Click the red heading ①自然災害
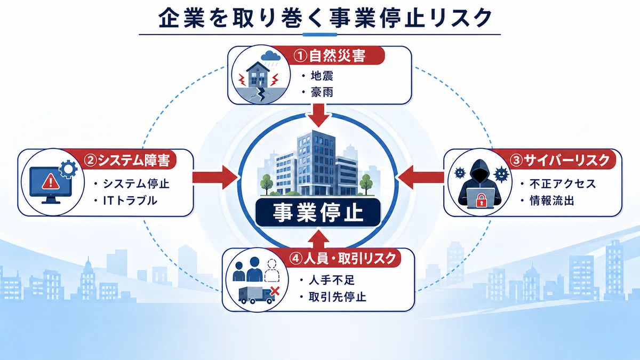330,55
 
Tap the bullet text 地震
322,76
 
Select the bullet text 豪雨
322,93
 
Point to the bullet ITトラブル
130,201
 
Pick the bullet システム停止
137,183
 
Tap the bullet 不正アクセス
563,183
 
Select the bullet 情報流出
552,201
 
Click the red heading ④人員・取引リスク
342,258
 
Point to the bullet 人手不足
332,281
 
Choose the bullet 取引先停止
338,297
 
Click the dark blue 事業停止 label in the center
318,213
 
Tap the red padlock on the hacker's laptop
481,200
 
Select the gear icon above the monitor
68,169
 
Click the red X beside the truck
275,291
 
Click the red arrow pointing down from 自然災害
319,115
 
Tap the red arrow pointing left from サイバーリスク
421,177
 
